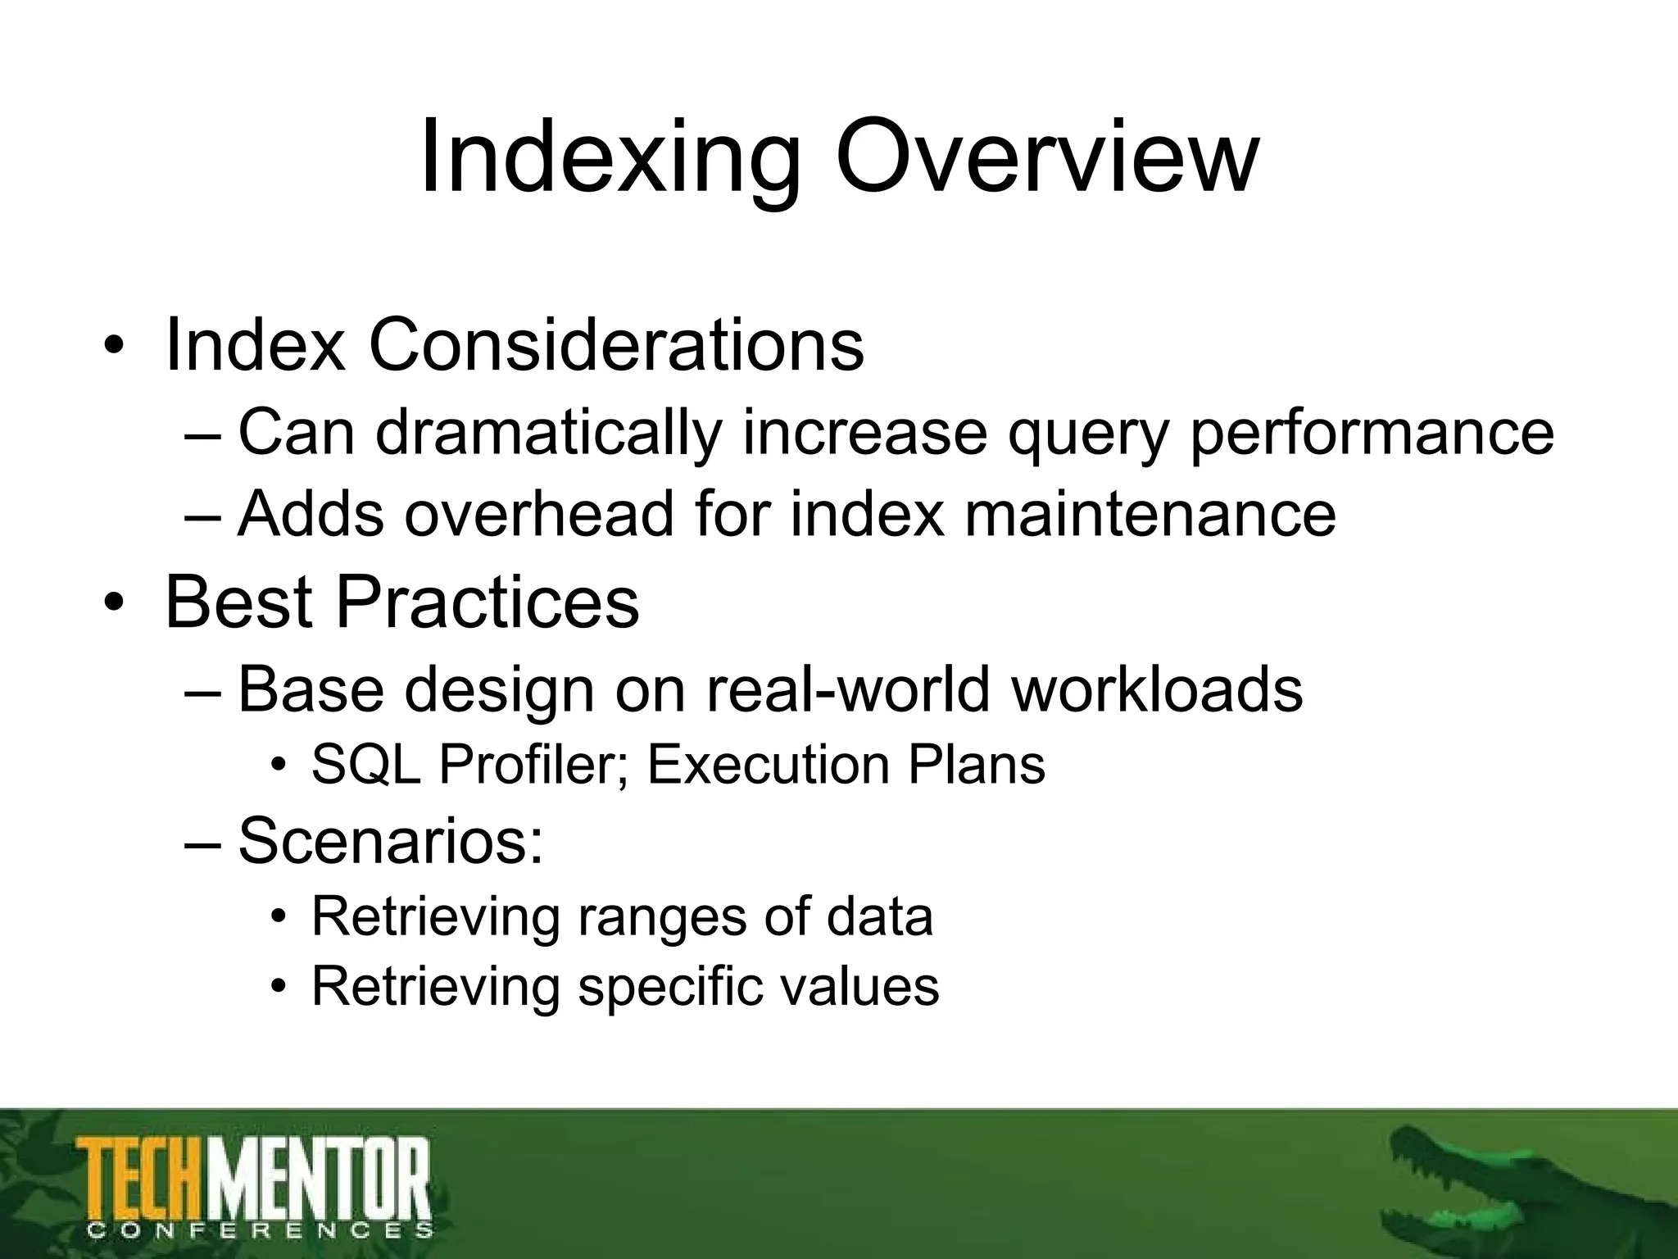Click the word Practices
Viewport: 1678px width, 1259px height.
pyautogui.click(x=487, y=602)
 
